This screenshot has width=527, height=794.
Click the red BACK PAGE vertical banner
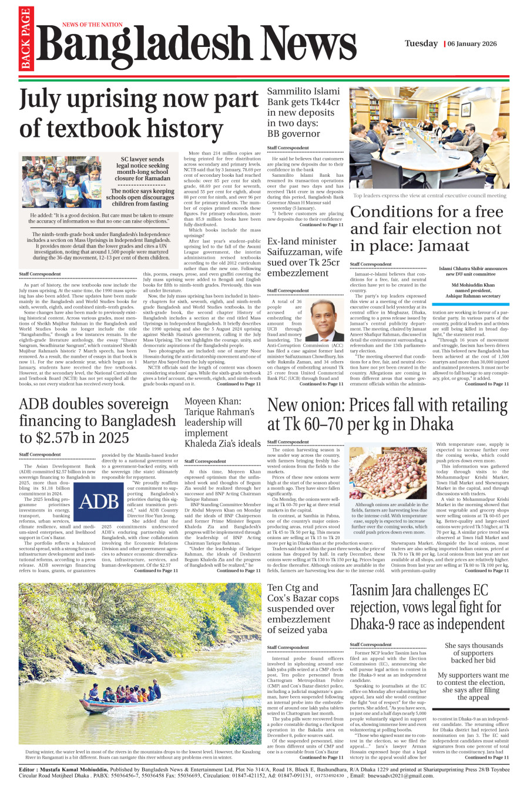tap(25, 39)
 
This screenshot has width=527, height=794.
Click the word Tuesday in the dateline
tap(421, 43)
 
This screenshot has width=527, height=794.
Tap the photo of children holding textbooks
tap(62, 182)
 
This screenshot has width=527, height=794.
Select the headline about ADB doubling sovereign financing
tap(98, 421)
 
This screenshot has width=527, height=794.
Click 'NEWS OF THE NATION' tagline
tap(92, 25)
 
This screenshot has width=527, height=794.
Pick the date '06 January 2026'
tap(472, 44)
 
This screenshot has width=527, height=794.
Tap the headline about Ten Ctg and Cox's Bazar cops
tap(303, 608)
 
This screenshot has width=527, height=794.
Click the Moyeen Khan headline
tap(221, 422)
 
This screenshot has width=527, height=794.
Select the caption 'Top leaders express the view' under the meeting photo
tap(429, 196)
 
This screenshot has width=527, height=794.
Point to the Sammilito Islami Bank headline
tap(303, 112)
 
